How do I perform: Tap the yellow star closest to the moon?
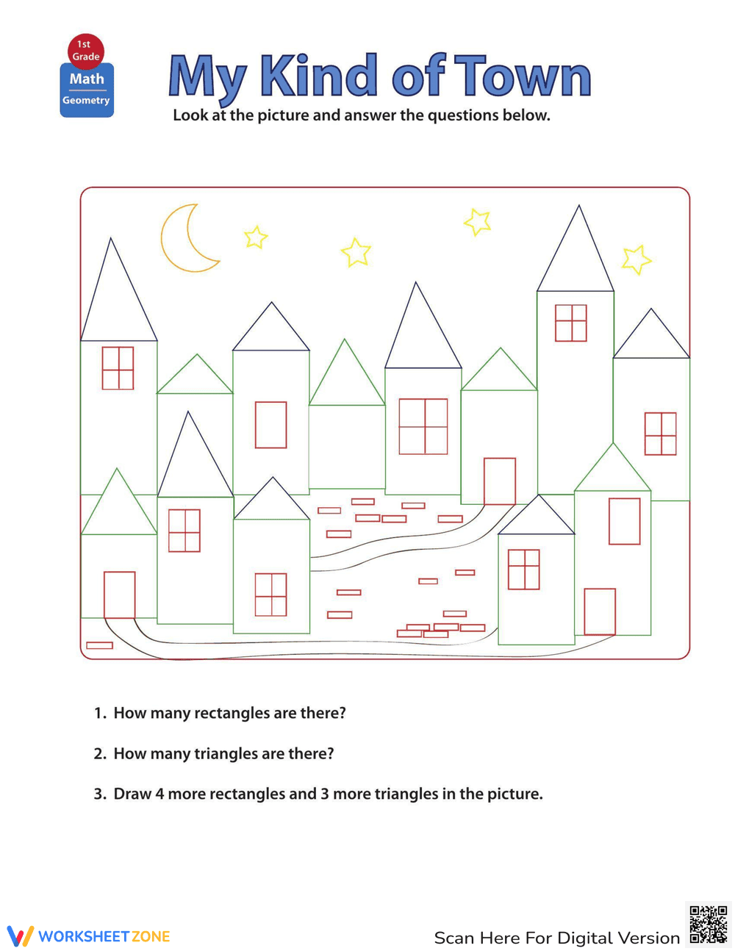(256, 237)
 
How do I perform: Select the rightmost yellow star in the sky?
(636, 259)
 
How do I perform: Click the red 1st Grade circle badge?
(86, 50)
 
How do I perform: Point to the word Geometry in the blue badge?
(86, 101)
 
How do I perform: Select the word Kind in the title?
(318, 76)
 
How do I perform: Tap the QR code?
(709, 924)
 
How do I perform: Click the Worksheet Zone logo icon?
(21, 936)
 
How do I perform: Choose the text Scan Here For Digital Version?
(556, 938)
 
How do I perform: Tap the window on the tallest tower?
(570, 323)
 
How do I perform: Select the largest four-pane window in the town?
(423, 426)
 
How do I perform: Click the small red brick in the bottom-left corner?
(99, 645)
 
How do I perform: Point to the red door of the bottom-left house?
(119, 595)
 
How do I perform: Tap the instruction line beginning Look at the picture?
(361, 115)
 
